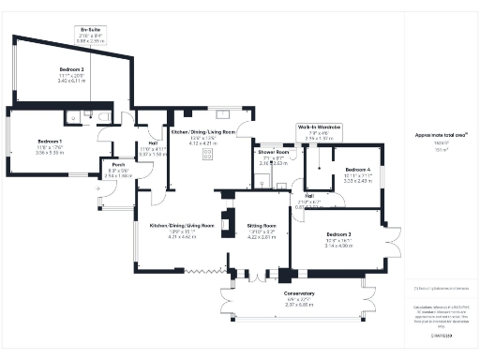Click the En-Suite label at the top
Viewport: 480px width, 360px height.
[x=90, y=30]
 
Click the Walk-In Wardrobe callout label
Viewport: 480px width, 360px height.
[x=320, y=126]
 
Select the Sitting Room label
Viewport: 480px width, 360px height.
[x=262, y=226]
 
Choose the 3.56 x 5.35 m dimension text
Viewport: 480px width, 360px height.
[x=49, y=151]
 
